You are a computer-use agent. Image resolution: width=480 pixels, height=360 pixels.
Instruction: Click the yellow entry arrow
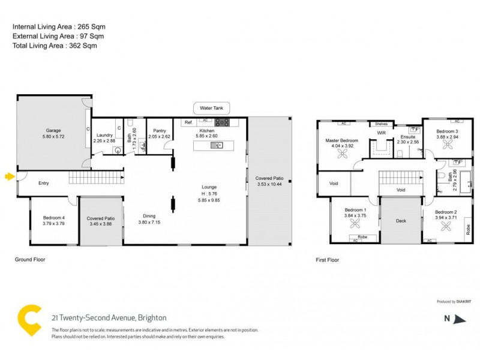[x=8, y=176]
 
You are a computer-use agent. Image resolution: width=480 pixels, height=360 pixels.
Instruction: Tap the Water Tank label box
[x=211, y=109]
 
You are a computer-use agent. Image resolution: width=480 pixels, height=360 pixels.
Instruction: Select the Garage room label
[x=54, y=130]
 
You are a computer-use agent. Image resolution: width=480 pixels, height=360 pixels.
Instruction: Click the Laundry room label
[x=104, y=136]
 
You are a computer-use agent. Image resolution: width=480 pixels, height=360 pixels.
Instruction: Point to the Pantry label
[x=159, y=130]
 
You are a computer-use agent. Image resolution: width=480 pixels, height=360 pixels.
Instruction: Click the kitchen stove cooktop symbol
[x=223, y=122]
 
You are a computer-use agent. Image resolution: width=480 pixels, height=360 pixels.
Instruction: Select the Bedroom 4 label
[x=54, y=218]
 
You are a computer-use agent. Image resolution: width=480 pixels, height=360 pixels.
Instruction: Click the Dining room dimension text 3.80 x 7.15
[x=149, y=221]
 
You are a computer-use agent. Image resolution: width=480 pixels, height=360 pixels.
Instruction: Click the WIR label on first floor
[x=380, y=133]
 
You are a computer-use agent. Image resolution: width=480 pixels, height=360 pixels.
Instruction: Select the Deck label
[x=401, y=221]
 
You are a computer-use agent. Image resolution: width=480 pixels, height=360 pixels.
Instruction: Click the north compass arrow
[x=460, y=319]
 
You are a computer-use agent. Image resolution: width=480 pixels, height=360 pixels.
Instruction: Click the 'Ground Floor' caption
[x=30, y=260]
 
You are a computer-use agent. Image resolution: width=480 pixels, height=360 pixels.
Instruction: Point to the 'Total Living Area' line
[x=55, y=45]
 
